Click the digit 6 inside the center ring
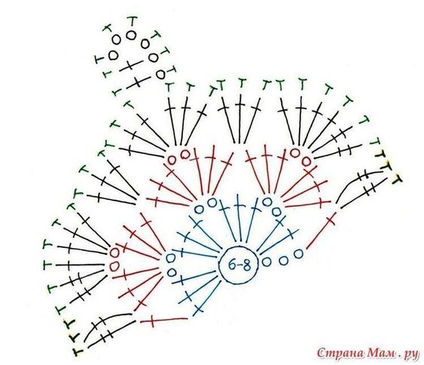click(x=232, y=265)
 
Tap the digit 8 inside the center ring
click(x=246, y=265)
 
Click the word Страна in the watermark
click(x=341, y=354)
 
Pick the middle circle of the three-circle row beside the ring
click(x=283, y=261)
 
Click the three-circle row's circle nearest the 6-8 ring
click(x=267, y=262)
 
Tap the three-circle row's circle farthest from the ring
click(x=298, y=253)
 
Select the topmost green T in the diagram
click(x=133, y=21)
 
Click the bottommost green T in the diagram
click(x=78, y=352)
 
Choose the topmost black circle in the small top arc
click(x=131, y=35)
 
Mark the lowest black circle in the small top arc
click(x=160, y=74)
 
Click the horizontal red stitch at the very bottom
click(x=164, y=321)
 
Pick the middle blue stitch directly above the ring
click(x=239, y=217)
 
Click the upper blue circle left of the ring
click(x=170, y=259)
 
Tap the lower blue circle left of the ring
click(x=172, y=271)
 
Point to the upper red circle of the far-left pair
click(x=114, y=253)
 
